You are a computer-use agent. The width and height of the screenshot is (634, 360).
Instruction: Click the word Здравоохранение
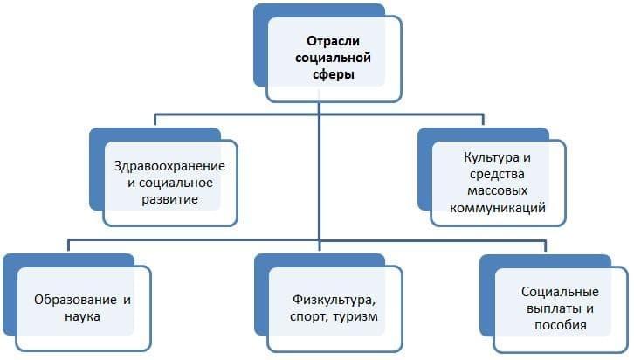tap(170, 166)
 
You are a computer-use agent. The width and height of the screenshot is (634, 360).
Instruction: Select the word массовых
tap(498, 192)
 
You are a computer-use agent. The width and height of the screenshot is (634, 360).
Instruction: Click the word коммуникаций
tap(498, 209)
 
